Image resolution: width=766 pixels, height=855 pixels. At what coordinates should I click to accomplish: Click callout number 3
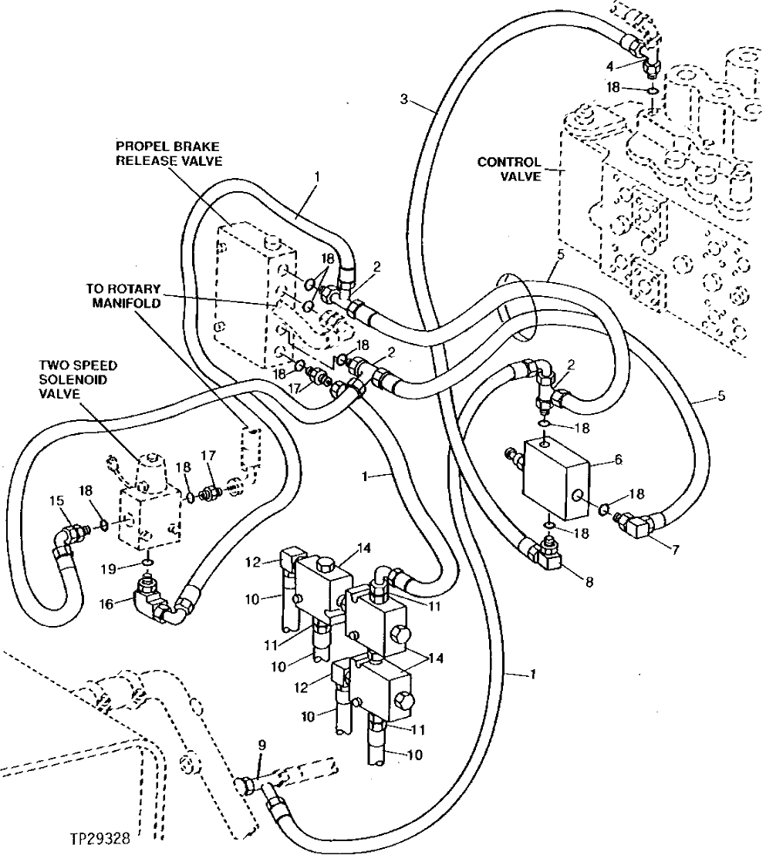pyautogui.click(x=404, y=99)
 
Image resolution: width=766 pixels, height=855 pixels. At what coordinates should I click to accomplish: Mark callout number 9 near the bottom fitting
pyautogui.click(x=262, y=746)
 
